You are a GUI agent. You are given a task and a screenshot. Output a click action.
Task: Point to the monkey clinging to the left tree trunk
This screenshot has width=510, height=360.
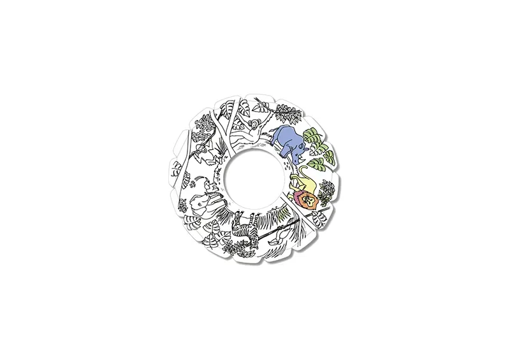pos(203,148)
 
